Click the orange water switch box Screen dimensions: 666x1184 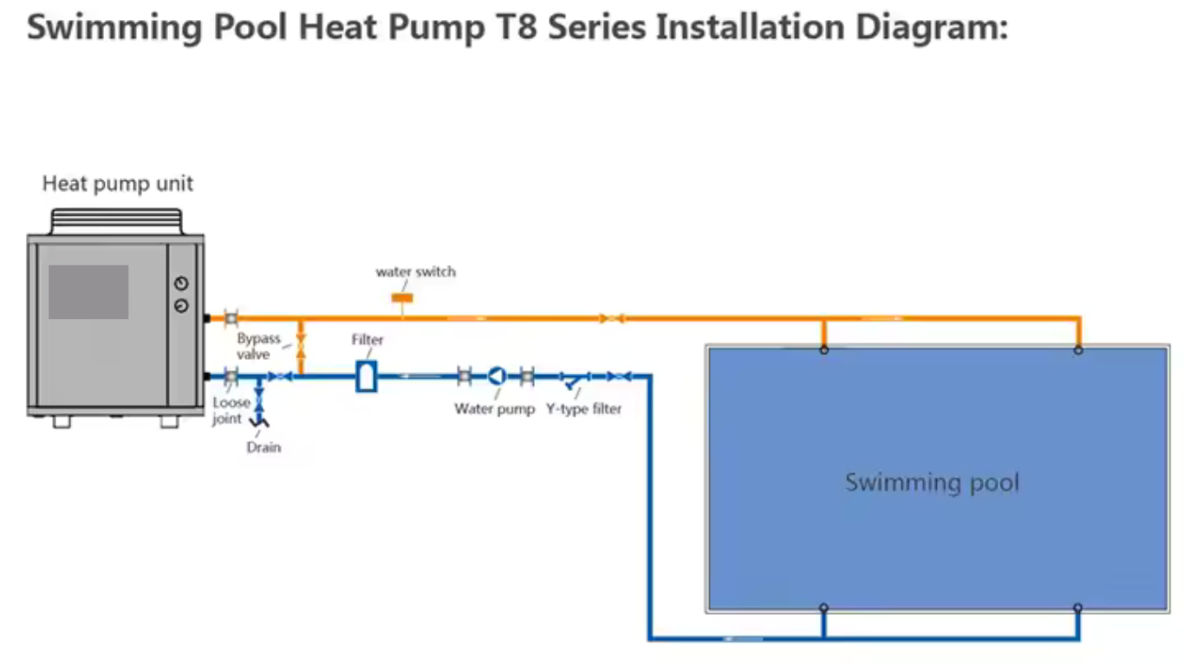pos(402,297)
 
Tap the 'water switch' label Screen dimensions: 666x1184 pos(415,272)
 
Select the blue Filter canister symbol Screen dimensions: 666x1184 pos(366,376)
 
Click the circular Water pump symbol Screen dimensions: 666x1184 pos(496,375)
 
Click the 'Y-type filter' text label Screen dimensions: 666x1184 pos(583,408)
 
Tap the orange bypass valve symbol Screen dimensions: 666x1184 pos(301,348)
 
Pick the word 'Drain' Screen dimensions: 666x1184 pos(263,447)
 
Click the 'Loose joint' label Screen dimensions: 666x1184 pos(230,411)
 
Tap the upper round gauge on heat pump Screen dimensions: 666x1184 pos(180,284)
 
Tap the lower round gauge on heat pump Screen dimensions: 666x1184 pos(180,305)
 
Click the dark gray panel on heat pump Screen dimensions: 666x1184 pos(88,292)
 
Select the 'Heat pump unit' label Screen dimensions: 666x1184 pos(118,184)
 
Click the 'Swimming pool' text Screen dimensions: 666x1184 pos(932,482)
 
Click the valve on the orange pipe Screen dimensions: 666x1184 pos(614,318)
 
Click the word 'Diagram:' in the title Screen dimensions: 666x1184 pos(932,28)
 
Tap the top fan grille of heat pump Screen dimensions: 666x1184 pos(117,220)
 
